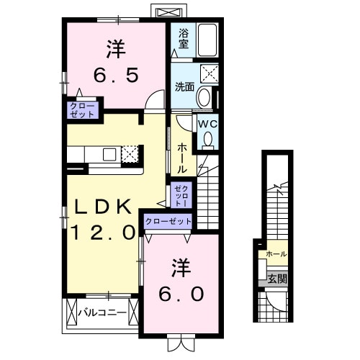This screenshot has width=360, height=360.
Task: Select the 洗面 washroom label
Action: click(184, 87)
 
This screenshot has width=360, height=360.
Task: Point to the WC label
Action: click(207, 123)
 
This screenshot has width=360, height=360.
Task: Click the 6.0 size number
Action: click(181, 294)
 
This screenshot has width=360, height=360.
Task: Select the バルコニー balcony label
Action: click(102, 312)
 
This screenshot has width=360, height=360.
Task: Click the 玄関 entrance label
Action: click(277, 279)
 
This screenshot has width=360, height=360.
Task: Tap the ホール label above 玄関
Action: click(276, 254)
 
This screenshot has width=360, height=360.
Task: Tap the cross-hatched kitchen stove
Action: click(130, 153)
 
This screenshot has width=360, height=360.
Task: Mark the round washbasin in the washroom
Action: click(204, 97)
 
